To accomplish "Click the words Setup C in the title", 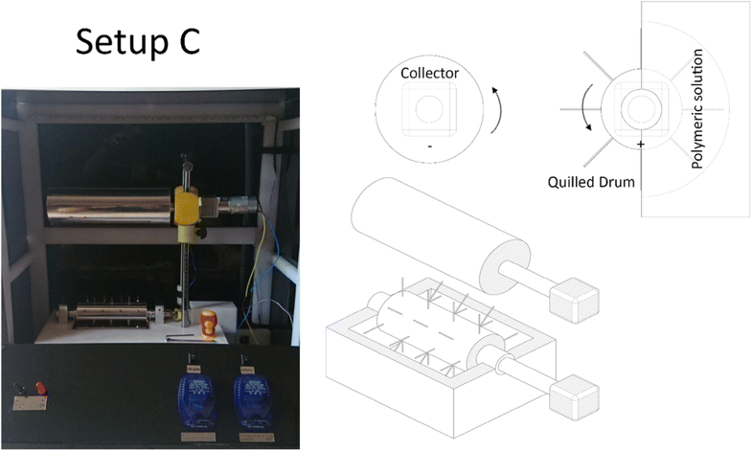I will coord(138,42).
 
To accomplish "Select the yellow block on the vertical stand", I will coord(185,206).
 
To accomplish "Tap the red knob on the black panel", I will coord(39,389).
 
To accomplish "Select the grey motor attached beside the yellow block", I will coord(236,203).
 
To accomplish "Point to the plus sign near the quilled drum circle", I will coord(639,144).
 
